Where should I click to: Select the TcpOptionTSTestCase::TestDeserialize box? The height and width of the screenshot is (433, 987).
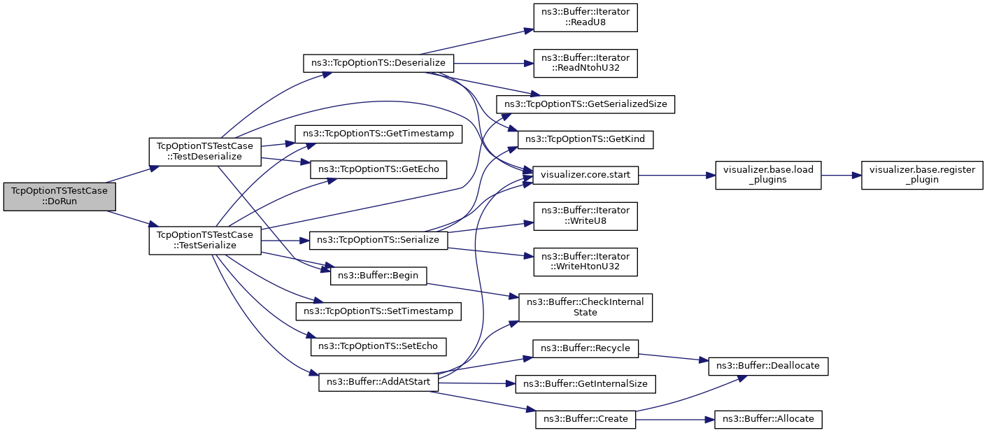pyautogui.click(x=205, y=150)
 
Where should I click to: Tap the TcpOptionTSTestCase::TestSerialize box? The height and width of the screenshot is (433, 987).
pyautogui.click(x=205, y=240)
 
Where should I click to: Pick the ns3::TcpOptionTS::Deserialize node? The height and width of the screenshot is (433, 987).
pyautogui.click(x=378, y=63)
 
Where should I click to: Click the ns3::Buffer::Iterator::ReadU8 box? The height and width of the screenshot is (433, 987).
pyautogui.click(x=585, y=17)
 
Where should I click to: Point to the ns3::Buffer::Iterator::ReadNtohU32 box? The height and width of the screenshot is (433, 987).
pyautogui.click(x=585, y=63)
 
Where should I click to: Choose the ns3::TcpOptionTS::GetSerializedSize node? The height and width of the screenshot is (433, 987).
pyautogui.click(x=585, y=104)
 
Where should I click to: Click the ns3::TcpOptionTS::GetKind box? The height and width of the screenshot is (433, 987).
pyautogui.click(x=585, y=140)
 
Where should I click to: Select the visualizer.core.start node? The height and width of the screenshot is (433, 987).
pyautogui.click(x=585, y=175)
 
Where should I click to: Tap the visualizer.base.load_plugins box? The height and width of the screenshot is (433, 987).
pyautogui.click(x=767, y=175)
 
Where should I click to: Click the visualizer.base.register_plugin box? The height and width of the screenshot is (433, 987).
pyautogui.click(x=922, y=175)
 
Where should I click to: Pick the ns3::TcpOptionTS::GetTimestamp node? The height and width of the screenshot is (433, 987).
pyautogui.click(x=378, y=134)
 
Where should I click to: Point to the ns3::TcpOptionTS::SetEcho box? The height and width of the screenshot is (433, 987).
pyautogui.click(x=378, y=346)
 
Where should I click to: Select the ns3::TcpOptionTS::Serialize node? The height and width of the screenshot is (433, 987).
pyautogui.click(x=378, y=240)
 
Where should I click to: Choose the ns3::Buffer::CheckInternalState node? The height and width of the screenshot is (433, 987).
pyautogui.click(x=585, y=307)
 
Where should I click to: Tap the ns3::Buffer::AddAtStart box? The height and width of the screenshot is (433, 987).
pyautogui.click(x=378, y=382)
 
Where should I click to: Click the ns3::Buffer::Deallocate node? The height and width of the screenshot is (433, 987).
pyautogui.click(x=769, y=366)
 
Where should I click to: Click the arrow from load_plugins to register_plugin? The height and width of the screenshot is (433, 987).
pyautogui.click(x=840, y=175)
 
